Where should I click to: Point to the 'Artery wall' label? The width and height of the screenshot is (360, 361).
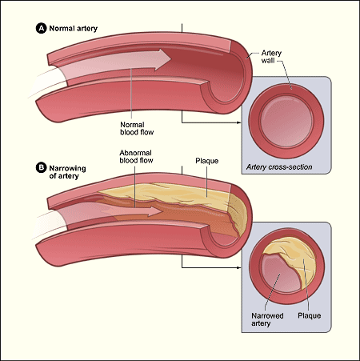[x=271, y=58]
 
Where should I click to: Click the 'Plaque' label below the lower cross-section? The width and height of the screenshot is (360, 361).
[x=309, y=315]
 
